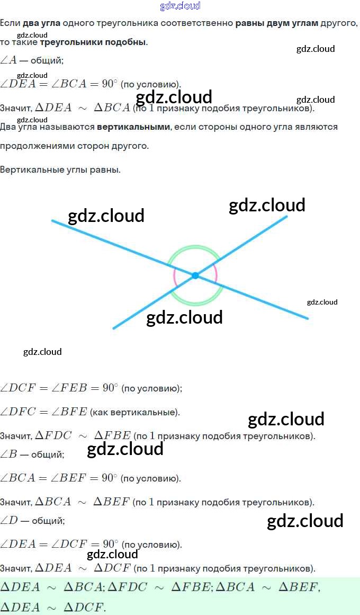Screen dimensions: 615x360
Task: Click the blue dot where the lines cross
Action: [x=195, y=275]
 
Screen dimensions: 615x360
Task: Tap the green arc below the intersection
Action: [x=195, y=304]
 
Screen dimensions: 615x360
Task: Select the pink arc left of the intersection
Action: [x=175, y=276]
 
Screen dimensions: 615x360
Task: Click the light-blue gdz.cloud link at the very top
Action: [x=180, y=6]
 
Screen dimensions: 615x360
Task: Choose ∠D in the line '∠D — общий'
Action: [x=10, y=521]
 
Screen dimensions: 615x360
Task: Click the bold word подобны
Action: [x=127, y=42]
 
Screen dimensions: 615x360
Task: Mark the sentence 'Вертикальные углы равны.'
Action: [x=60, y=170]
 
